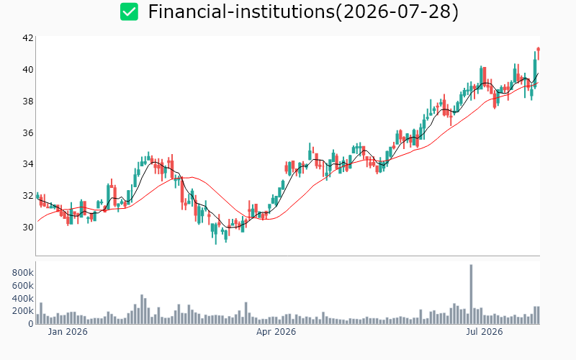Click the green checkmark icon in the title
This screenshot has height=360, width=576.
(130, 12)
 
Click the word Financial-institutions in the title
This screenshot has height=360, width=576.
(241, 12)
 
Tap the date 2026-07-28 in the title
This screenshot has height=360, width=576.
(398, 12)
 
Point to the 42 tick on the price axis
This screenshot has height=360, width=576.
(28, 38)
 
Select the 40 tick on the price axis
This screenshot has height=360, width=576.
(28, 69)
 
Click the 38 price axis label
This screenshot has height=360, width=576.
(28, 101)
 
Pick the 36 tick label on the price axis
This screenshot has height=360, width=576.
(28, 132)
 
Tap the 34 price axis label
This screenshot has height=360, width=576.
(28, 164)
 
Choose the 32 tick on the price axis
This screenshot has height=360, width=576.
(28, 195)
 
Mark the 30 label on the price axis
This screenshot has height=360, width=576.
(28, 227)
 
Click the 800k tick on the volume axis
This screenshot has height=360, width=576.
(23, 273)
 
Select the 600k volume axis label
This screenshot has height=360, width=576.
(23, 285)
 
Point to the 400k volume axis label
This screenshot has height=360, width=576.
(23, 298)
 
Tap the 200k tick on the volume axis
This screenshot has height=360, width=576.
(23, 311)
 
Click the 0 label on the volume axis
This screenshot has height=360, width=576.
(31, 323)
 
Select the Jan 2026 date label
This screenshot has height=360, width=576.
(68, 332)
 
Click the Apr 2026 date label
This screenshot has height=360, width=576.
(276, 332)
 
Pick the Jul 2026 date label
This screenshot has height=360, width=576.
(484, 332)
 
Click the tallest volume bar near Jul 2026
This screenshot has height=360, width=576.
(472, 294)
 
